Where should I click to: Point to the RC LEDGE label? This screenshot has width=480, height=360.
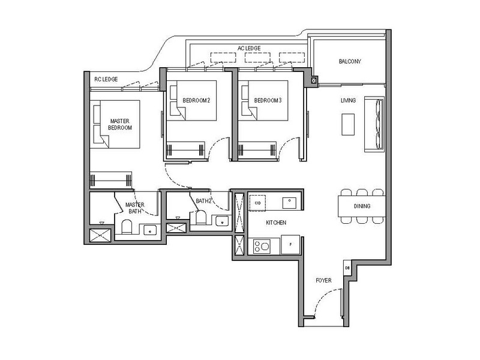tap(106, 79)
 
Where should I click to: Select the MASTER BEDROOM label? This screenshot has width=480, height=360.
tap(120, 124)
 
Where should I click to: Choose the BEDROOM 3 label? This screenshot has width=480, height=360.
tap(268, 100)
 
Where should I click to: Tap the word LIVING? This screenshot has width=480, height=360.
tap(349, 100)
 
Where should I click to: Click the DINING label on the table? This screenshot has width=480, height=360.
tap(361, 206)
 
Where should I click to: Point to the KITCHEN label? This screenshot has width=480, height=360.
tap(276, 223)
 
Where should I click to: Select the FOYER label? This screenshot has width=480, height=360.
tap(323, 280)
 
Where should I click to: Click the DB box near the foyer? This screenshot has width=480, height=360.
tap(347, 268)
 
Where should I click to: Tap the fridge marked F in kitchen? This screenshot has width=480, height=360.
tap(290, 245)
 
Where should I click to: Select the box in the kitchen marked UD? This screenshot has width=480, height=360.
tap(257, 203)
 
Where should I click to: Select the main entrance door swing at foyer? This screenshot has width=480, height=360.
tap(324, 303)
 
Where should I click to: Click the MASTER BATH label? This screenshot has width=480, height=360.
tap(134, 208)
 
